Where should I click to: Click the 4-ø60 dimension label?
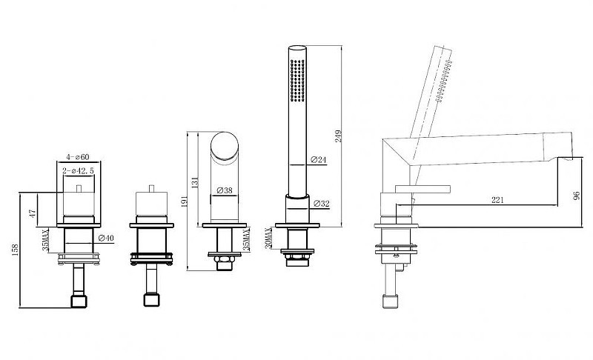click(78, 157)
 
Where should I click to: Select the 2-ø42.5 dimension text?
click(79, 171)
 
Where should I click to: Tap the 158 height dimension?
click(15, 250)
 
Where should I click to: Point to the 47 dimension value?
click(33, 213)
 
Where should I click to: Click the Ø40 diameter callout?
click(106, 238)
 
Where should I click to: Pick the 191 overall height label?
click(185, 201)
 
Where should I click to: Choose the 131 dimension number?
click(195, 182)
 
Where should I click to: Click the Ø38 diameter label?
click(225, 191)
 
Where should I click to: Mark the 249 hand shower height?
click(338, 136)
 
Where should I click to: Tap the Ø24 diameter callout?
click(319, 160)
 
